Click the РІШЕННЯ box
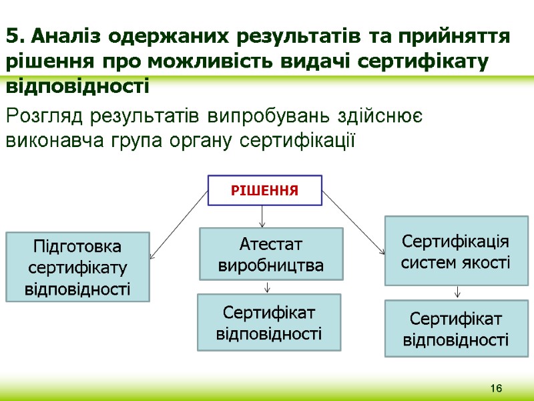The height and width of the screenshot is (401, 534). pos(265,190)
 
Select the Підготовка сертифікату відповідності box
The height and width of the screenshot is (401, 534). pos(77,267)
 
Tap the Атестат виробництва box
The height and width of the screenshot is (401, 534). pos(272,254)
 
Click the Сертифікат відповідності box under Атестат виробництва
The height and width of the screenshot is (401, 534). pos(269,322)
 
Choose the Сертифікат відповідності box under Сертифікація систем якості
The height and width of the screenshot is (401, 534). pos(457,328)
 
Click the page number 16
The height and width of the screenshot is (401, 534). pos(495,389)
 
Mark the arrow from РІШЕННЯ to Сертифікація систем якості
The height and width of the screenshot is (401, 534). pos(354,223)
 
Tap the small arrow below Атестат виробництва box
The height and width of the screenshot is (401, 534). pos(268,287)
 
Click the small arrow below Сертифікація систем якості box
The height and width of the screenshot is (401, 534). pos(457,292)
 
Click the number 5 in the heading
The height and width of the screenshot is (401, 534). pos(12,35)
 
